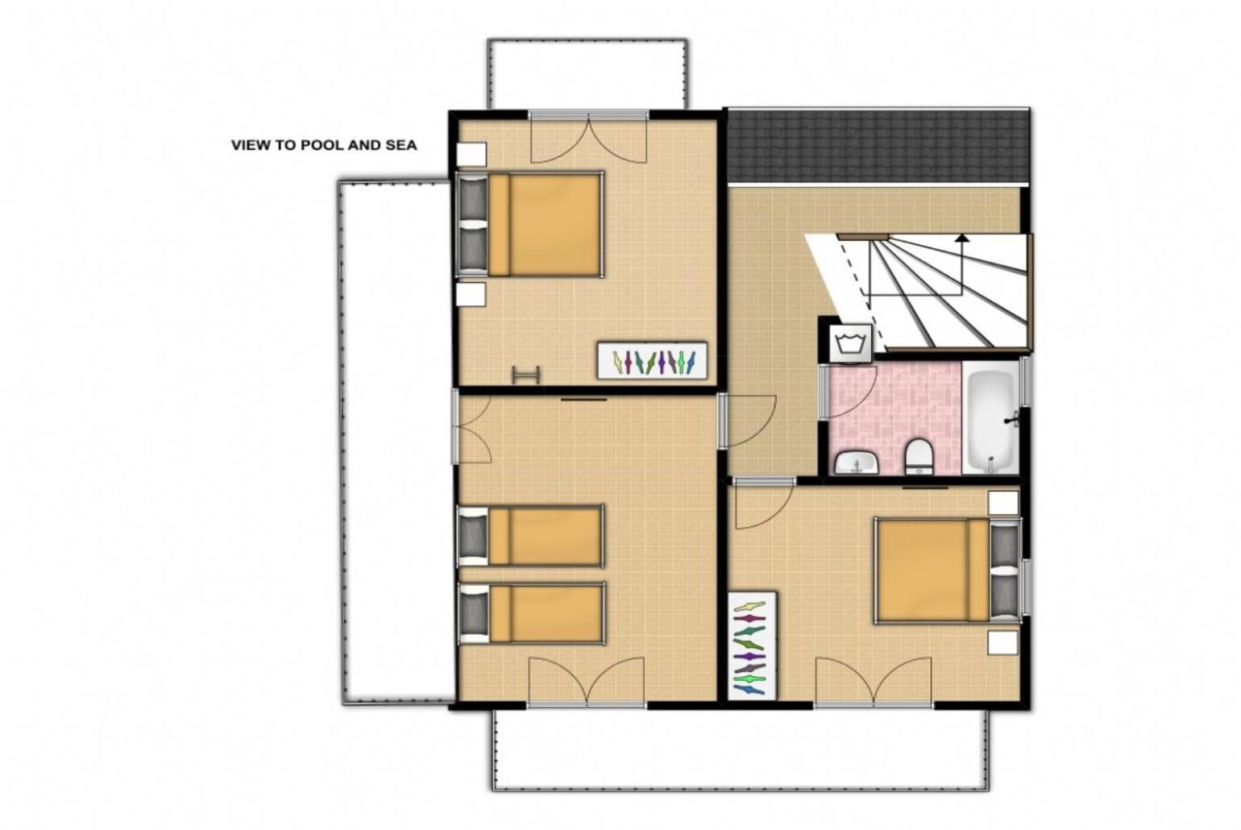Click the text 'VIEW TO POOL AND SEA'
324,145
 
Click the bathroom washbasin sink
857,463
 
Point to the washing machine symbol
850,343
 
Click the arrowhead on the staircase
962,239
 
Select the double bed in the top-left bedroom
529,224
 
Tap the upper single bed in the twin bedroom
530,536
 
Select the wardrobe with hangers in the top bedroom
652,361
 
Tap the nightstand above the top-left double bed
471,155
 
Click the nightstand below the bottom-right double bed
1002,643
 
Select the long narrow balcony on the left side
396,442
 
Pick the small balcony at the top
587,74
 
